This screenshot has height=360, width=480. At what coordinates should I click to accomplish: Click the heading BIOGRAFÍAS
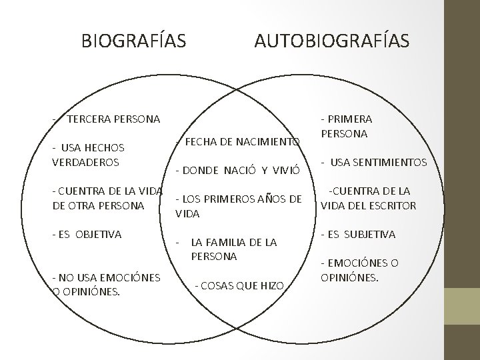click(134, 41)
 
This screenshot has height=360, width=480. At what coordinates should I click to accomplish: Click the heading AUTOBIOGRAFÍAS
click(332, 41)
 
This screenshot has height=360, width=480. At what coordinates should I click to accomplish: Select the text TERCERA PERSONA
click(113, 119)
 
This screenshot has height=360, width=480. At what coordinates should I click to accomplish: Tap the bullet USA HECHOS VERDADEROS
click(85, 154)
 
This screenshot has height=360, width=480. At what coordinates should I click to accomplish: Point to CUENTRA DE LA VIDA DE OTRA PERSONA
click(107, 198)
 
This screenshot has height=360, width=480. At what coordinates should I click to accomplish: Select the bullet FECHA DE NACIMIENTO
click(237, 142)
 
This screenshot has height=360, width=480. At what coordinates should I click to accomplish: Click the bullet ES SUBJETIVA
click(358, 235)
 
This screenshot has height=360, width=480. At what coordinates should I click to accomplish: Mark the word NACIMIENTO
click(267, 142)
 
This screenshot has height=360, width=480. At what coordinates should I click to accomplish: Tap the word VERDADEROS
click(85, 161)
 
